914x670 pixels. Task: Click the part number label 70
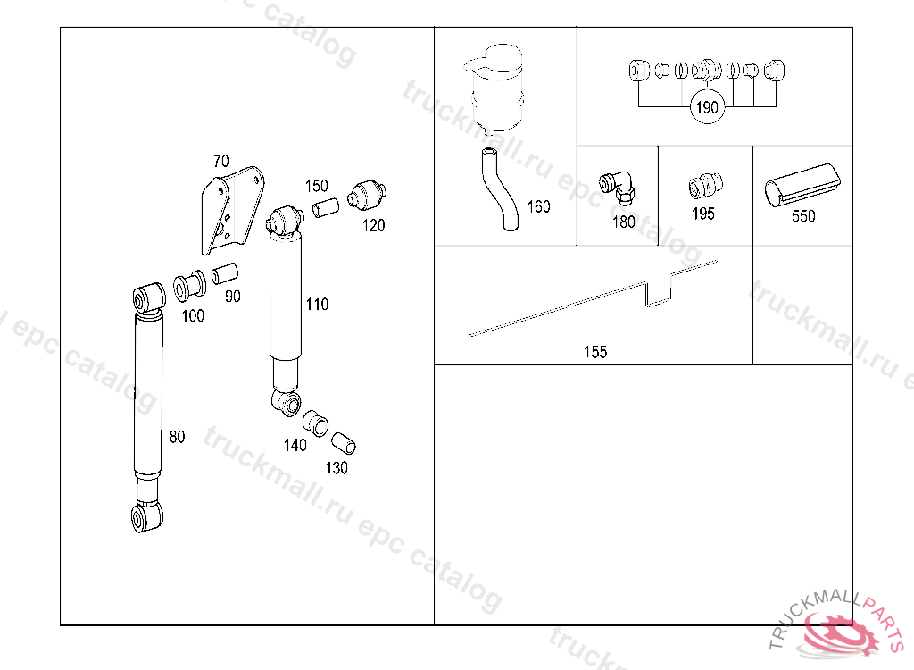(221, 161)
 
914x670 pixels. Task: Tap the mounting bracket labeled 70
(232, 210)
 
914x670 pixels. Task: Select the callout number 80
(177, 437)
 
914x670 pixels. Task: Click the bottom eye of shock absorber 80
(147, 516)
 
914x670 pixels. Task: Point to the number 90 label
(233, 297)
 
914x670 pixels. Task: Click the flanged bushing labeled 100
(189, 286)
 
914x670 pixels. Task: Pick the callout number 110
(317, 304)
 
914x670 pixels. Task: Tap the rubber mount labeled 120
(367, 195)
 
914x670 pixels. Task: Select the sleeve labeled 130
(344, 443)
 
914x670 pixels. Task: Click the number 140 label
(295, 445)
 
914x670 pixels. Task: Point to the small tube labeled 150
(326, 208)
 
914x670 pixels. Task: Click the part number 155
(595, 352)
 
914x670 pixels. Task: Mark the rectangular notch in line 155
(658, 291)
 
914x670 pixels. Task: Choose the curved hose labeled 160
(500, 189)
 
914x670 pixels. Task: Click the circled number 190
(707, 107)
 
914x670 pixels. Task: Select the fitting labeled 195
(705, 186)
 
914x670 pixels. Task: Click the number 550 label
(803, 216)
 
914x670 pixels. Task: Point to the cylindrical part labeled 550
(802, 185)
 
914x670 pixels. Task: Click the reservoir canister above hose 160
(495, 88)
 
